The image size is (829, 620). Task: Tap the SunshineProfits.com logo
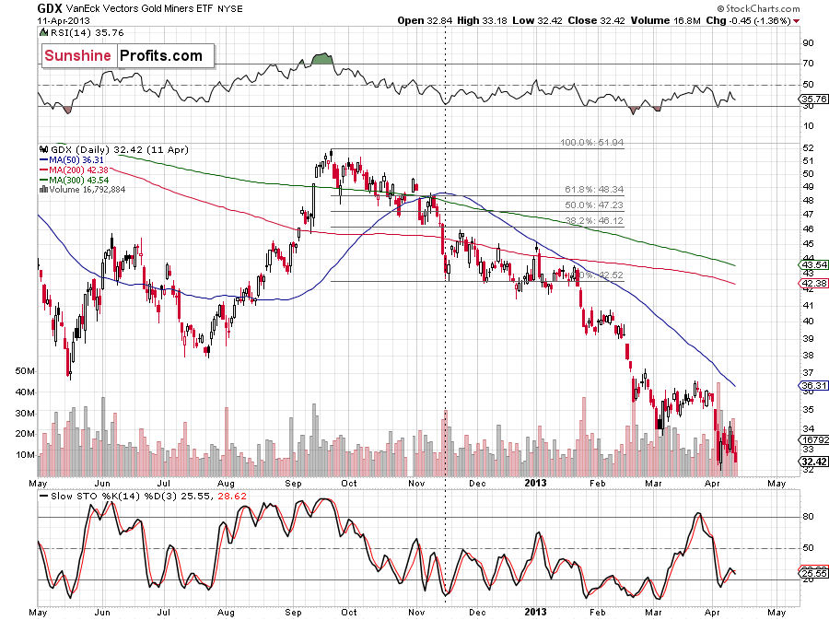tap(123, 56)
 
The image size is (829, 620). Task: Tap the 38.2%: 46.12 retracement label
tap(593, 221)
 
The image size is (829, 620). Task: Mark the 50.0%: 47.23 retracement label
tap(593, 205)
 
